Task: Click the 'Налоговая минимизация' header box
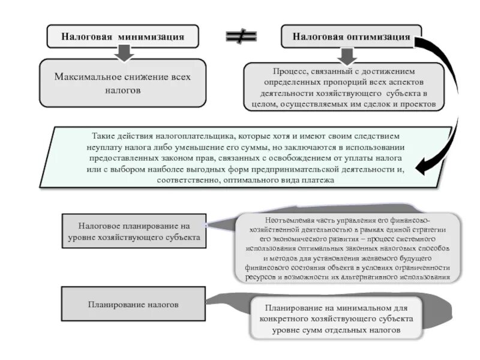122,36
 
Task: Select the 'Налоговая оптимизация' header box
351,37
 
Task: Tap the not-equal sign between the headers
241,37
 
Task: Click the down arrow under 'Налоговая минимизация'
124,53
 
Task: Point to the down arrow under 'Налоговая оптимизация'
346,55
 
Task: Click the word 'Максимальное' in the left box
88,77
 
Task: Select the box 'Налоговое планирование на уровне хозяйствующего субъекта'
134,232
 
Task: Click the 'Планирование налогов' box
133,304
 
